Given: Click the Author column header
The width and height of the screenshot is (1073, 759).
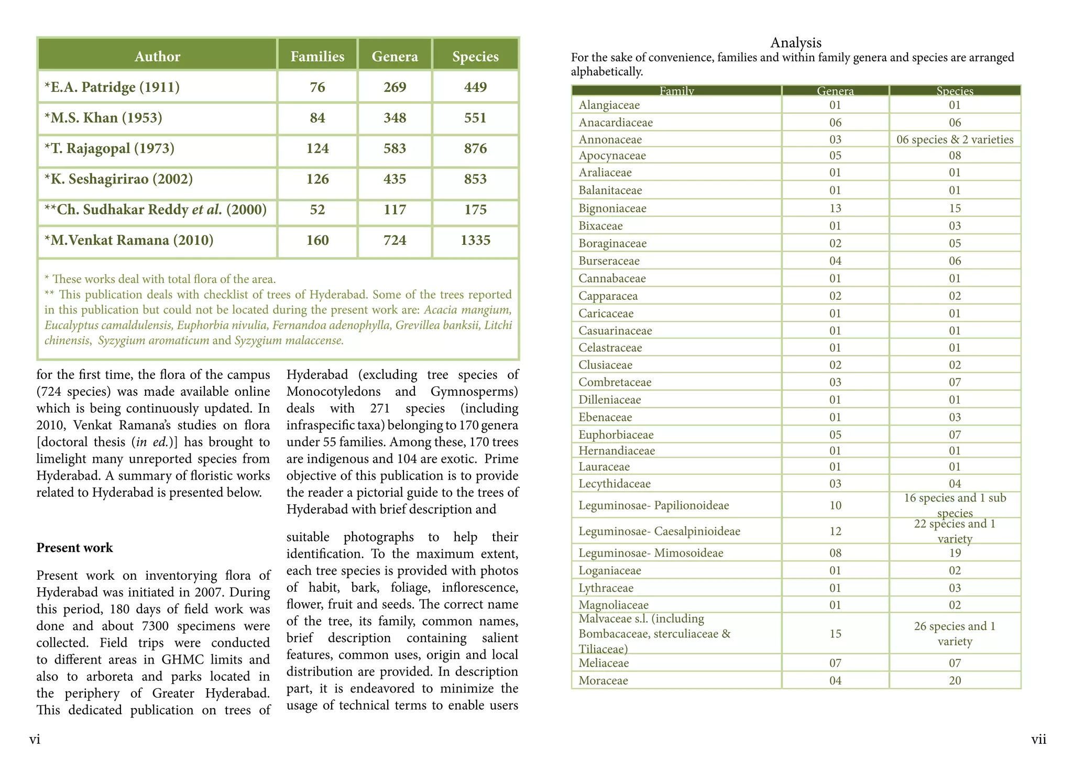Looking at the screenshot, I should coord(157,56).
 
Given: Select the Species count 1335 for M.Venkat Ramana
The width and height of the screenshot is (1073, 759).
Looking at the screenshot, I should coord(475,241).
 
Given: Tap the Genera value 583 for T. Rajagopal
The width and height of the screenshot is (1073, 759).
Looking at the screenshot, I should coord(395,148).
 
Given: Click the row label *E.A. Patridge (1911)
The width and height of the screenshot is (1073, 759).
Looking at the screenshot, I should coord(112,87).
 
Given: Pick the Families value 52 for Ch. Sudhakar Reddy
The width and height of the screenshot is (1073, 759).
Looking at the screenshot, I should coord(317,210).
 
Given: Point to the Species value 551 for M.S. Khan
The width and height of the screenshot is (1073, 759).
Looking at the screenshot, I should coord(475,117).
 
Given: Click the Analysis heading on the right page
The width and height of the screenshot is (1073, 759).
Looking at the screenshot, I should coord(795,42).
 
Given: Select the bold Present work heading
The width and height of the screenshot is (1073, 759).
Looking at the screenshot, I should coord(74,548).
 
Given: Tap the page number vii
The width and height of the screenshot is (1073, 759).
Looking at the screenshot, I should coord(1038,739).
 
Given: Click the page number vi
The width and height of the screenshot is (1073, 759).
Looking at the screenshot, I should coord(35,739).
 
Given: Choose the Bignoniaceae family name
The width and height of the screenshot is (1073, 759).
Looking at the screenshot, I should coord(612,209).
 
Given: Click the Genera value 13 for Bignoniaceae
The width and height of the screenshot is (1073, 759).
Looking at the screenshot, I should coord(835,209).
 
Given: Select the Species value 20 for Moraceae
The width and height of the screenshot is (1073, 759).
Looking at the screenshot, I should coord(955,680).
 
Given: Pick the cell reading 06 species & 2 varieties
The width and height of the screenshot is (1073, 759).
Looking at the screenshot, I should coord(955,139).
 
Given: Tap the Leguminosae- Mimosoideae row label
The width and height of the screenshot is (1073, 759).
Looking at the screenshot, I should coord(651,552).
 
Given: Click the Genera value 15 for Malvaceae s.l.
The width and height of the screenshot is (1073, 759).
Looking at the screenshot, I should coord(835,634).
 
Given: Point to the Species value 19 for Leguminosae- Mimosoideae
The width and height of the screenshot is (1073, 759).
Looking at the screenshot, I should coord(955,552).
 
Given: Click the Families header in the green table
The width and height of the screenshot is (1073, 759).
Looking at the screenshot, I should coord(317,56).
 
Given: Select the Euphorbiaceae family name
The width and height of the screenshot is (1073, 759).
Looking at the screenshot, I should coord(616,435).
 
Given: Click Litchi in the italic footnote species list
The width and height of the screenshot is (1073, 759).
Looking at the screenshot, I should coord(498,325).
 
